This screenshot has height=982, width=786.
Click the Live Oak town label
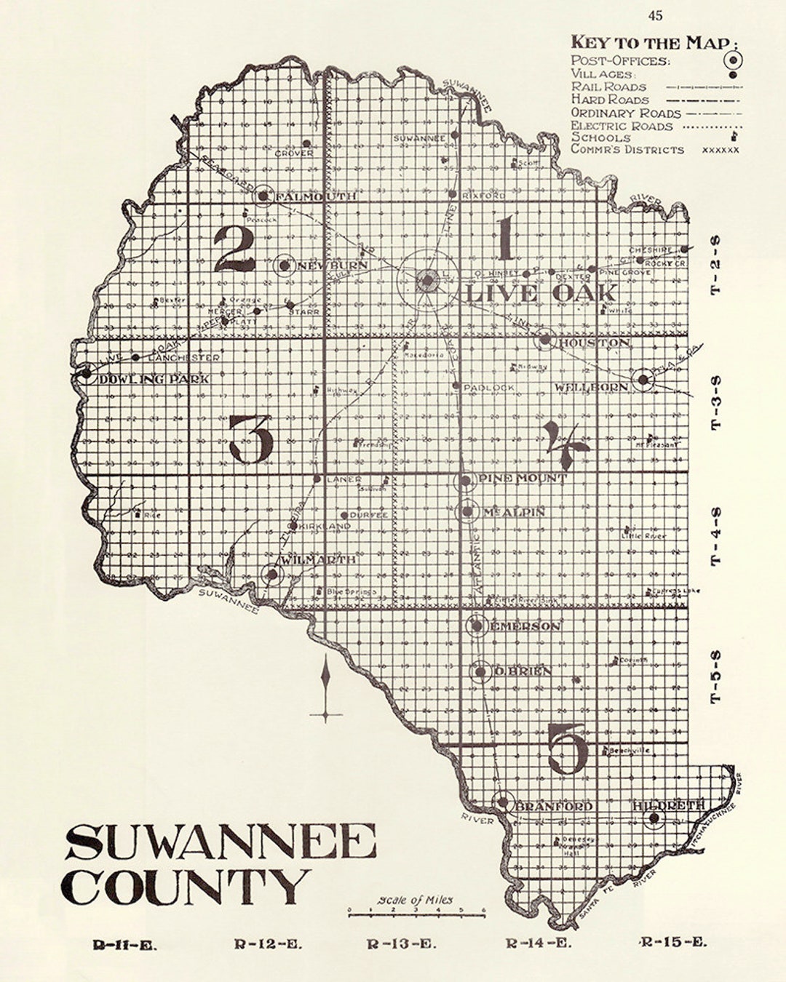pyautogui.click(x=540, y=294)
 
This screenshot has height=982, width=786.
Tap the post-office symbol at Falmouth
pyautogui.click(x=263, y=196)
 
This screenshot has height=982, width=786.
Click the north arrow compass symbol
pyautogui.click(x=326, y=687)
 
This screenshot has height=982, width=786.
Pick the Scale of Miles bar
pyautogui.click(x=416, y=910)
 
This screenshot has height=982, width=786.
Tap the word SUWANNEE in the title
pyautogui.click(x=221, y=844)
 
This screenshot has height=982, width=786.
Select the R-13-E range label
pyautogui.click(x=402, y=945)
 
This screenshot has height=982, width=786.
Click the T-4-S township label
pyautogui.click(x=716, y=537)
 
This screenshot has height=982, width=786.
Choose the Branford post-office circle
pyautogui.click(x=501, y=803)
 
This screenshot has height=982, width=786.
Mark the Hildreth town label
pyautogui.click(x=669, y=805)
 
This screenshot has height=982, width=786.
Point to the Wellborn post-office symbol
pyautogui.click(x=643, y=379)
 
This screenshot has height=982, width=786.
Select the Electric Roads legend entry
pyautogui.click(x=622, y=126)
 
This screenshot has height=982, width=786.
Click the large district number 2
pyautogui.click(x=234, y=249)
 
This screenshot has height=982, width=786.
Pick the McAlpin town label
pyautogui.click(x=513, y=513)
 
